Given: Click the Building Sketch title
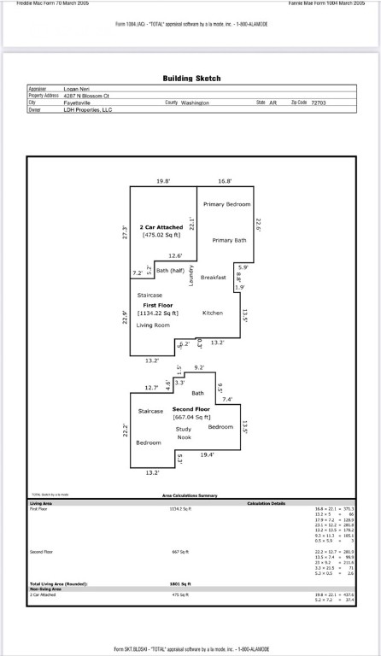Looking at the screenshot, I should tap(191, 79).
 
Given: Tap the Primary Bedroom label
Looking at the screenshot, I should tap(227, 204).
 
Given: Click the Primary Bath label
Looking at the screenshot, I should tap(229, 240).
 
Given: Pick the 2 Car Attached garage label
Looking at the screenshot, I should tap(161, 227).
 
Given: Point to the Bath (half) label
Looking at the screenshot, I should tap(170, 270).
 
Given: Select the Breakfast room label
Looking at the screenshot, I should tap(213, 278).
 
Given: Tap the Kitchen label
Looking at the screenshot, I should tap(212, 313).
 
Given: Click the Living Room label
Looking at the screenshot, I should tap(154, 325).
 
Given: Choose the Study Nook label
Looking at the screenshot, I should tap(185, 432).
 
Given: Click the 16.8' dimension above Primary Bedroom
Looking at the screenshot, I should tap(225, 182).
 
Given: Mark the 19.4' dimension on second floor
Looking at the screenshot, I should tap(207, 455).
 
